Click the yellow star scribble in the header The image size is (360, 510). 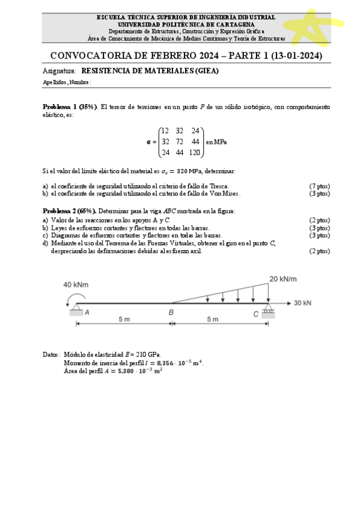(312, 25)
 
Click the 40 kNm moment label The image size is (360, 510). (75, 284)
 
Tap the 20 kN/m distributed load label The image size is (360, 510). (283, 278)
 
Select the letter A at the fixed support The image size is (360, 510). (87, 312)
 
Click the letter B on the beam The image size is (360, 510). (171, 312)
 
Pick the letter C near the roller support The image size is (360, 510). (255, 313)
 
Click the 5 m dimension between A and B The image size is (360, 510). (124, 319)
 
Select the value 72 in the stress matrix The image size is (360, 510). (179, 141)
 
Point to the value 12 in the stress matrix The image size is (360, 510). (165, 131)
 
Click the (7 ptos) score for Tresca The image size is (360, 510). (319, 186)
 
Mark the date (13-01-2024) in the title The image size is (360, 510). (297, 56)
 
